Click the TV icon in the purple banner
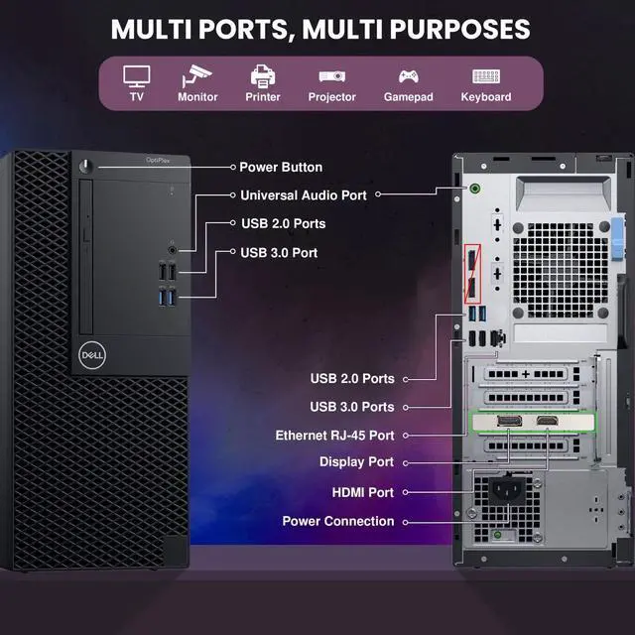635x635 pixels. tap(137, 76)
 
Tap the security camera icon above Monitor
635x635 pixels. tap(196, 75)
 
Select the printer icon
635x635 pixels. tap(263, 75)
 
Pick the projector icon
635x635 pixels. tap(332, 76)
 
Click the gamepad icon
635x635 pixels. tap(409, 76)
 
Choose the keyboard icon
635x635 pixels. tap(486, 76)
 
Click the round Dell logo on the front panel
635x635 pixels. tap(92, 355)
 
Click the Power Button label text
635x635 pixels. tap(281, 167)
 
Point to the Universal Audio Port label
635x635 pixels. tap(304, 195)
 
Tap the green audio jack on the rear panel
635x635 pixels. tap(474, 189)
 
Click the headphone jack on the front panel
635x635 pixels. tap(172, 250)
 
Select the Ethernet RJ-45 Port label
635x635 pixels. tap(334, 436)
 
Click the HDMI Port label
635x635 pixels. tap(362, 492)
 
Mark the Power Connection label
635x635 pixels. tap(338, 521)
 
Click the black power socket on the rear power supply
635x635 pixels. tap(508, 490)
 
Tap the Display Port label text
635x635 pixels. tap(356, 462)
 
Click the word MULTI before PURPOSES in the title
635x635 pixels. tap(342, 29)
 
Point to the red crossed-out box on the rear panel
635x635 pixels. tap(472, 274)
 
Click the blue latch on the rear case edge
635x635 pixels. tap(617, 238)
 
